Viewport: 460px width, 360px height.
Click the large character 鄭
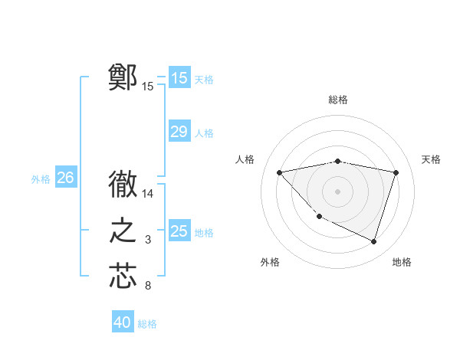(123, 77)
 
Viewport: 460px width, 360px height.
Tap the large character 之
(123, 231)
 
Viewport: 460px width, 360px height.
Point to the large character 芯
(123, 277)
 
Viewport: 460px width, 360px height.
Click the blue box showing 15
(179, 77)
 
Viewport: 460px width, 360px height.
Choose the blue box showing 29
(179, 132)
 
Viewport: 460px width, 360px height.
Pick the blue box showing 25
(179, 231)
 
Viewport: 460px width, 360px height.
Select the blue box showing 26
(65, 178)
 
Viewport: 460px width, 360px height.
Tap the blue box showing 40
(123, 322)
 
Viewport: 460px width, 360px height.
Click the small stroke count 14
(149, 195)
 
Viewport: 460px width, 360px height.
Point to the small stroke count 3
(149, 241)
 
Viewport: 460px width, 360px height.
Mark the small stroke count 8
(149, 286)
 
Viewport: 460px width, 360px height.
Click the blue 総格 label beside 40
(147, 324)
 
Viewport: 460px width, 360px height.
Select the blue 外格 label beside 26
(41, 179)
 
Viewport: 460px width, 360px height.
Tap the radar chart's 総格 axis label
(338, 100)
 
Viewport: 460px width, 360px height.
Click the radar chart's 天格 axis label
(432, 159)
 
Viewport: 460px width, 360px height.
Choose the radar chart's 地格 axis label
(402, 262)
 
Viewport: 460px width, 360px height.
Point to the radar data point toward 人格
(279, 172)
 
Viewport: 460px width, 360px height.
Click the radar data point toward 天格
(396, 172)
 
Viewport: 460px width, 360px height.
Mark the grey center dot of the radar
(337, 191)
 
